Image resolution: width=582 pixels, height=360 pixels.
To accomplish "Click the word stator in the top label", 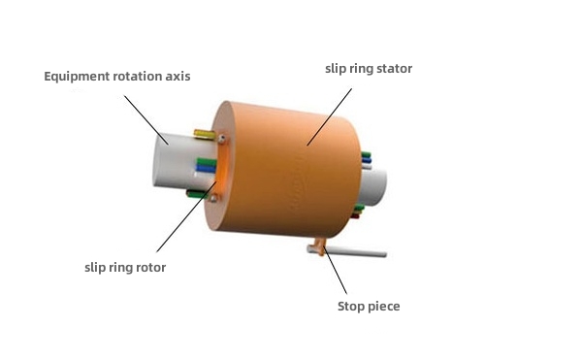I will click(x=393, y=69).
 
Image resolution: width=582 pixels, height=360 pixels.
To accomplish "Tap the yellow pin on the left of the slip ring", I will click(x=205, y=133).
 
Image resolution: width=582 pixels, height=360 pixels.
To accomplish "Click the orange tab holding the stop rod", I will click(x=317, y=247).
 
